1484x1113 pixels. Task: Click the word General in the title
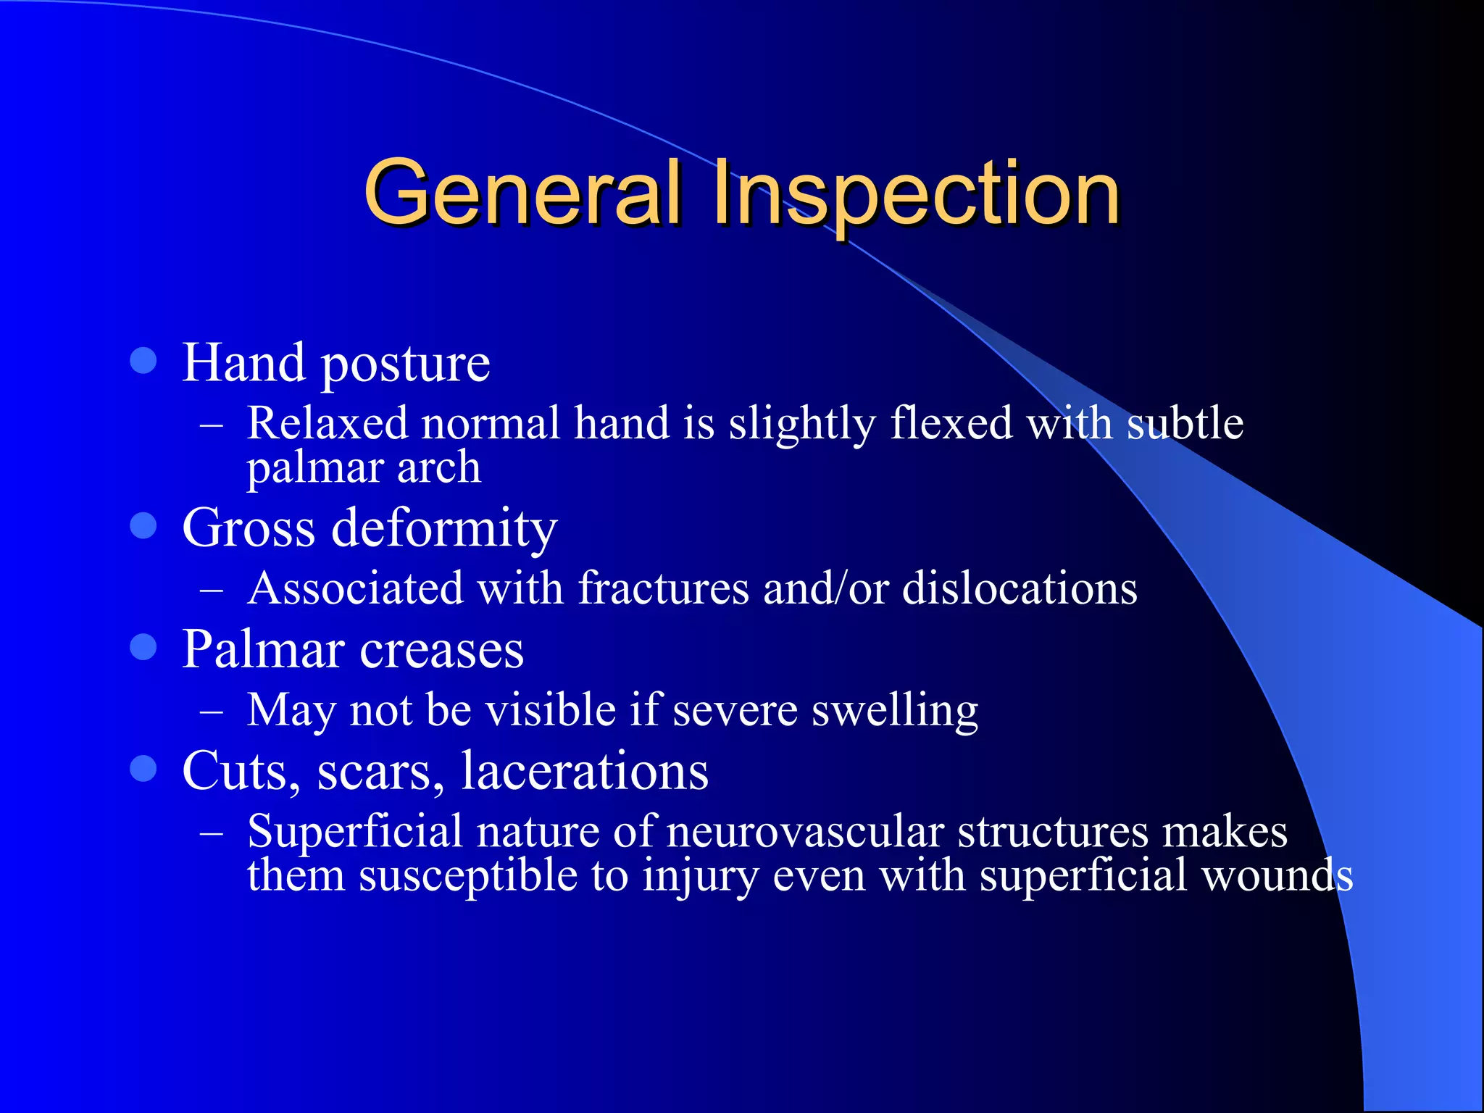tap(523, 192)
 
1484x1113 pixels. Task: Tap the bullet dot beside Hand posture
tap(143, 360)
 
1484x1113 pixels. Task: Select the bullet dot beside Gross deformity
tap(143, 525)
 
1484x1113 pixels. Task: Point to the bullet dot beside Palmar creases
tap(143, 646)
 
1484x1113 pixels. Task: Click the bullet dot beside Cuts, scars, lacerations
tap(143, 768)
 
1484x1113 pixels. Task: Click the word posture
tap(405, 364)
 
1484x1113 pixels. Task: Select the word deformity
tap(444, 529)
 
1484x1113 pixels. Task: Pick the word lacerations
tap(585, 771)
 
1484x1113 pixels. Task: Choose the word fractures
tap(663, 588)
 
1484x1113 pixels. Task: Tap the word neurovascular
tap(804, 832)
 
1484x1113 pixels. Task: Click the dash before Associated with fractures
tap(211, 589)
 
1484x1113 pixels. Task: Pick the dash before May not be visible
tap(211, 711)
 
